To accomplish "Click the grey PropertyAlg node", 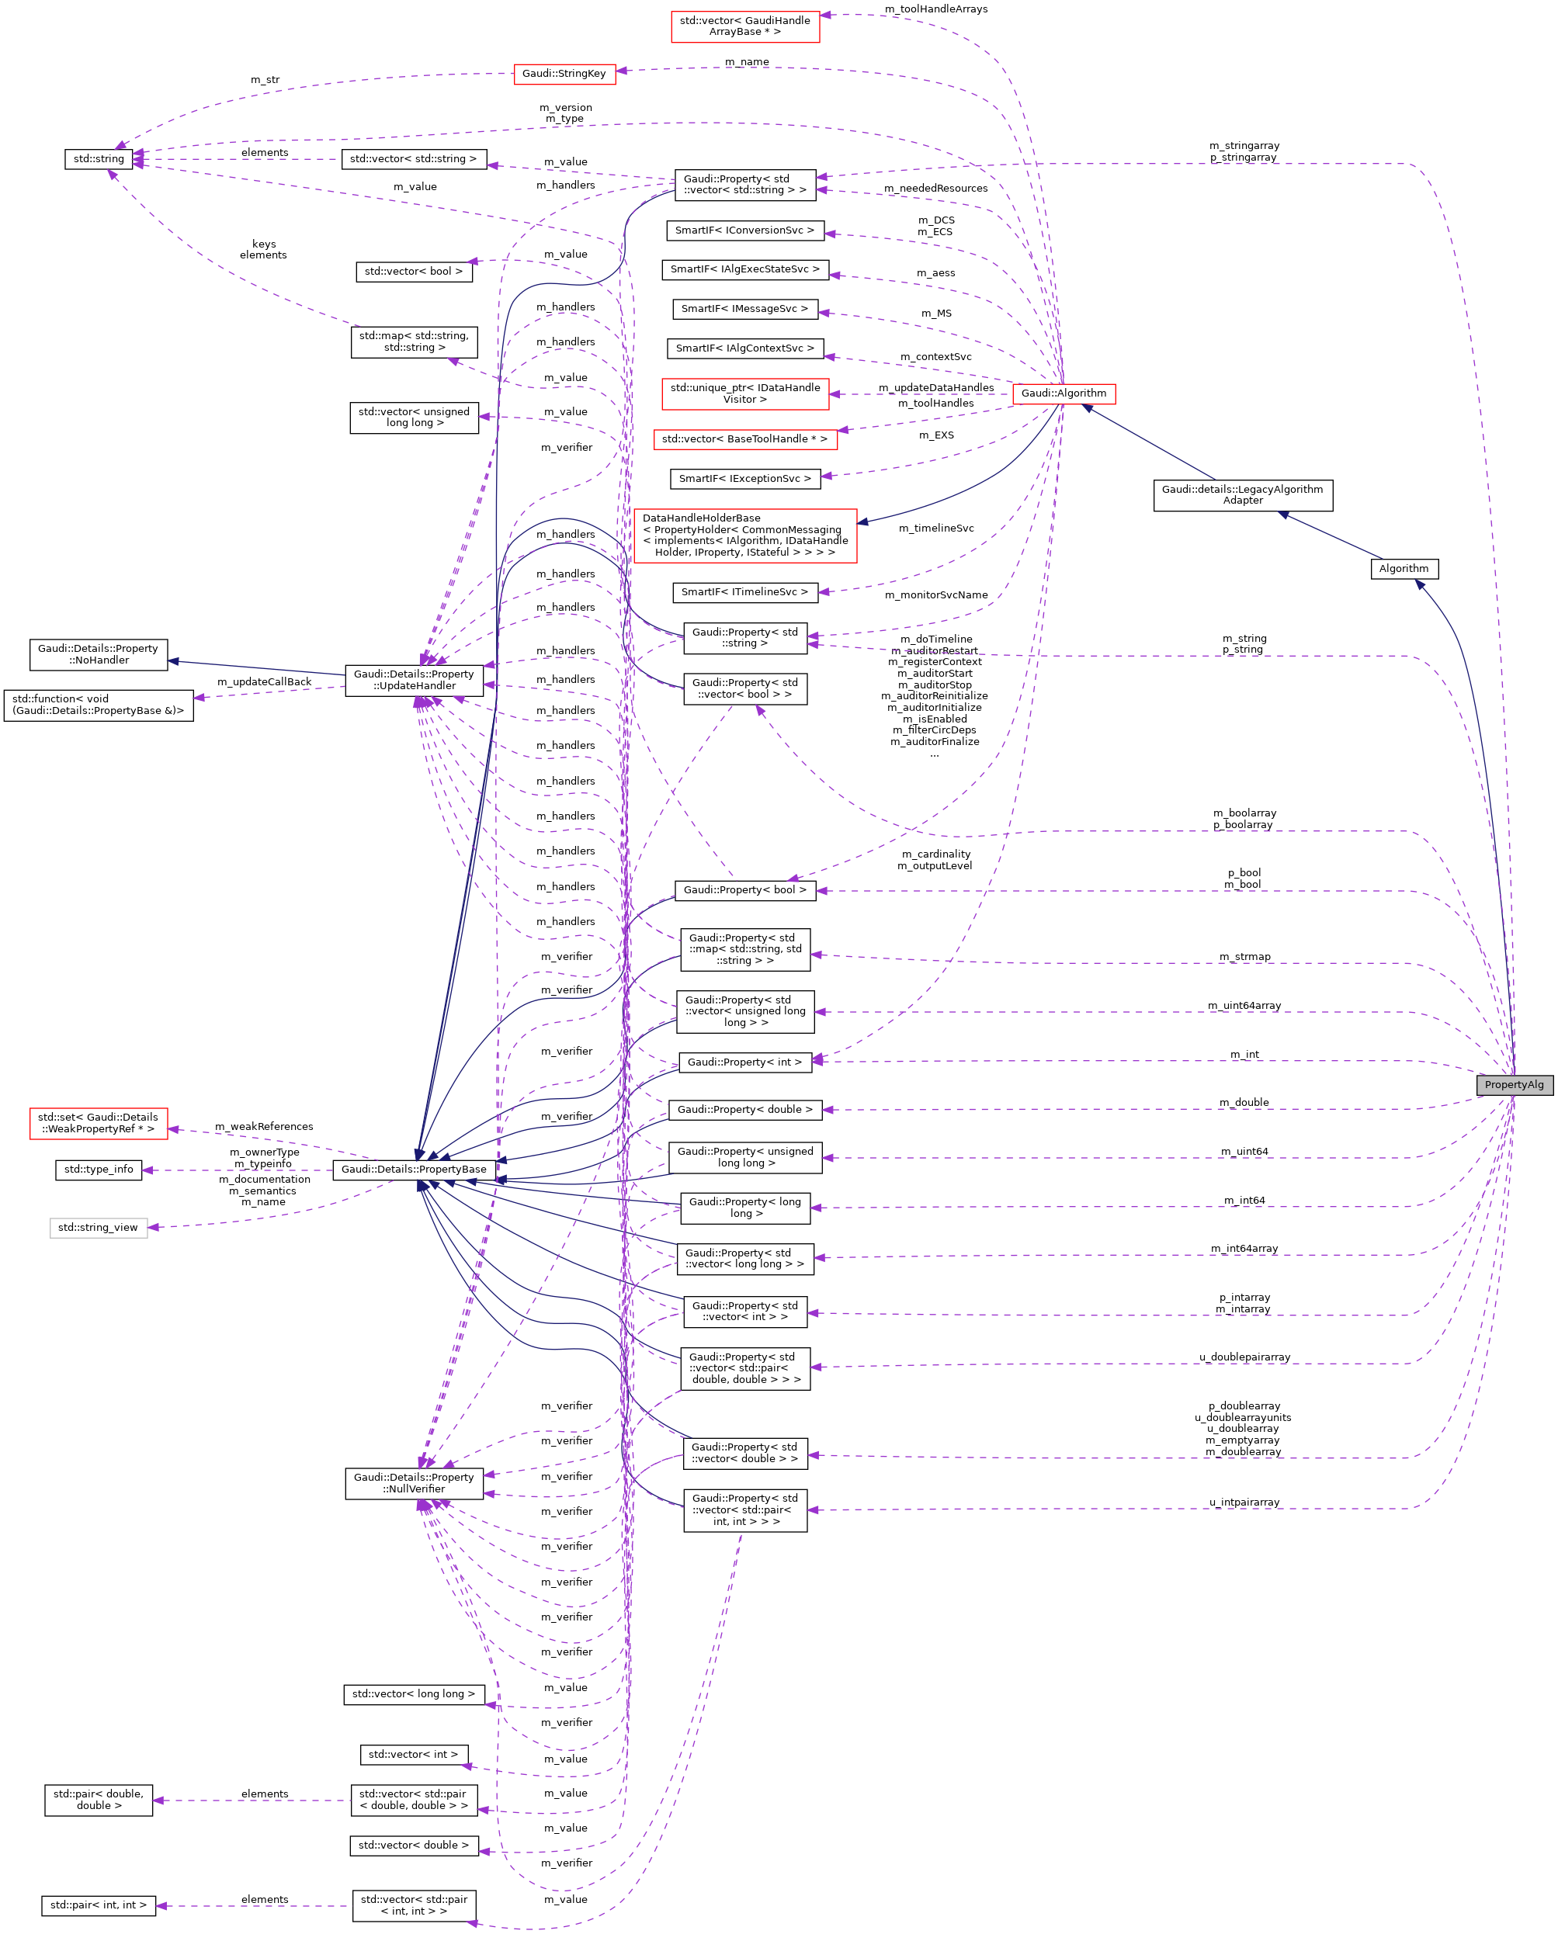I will tap(1513, 1084).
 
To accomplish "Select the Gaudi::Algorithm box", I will tap(1063, 393).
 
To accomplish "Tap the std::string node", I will tap(99, 159).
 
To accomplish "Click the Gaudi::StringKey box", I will tap(564, 74).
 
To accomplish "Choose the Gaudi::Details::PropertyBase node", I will tap(414, 1169).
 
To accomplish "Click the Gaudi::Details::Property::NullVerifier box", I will tap(414, 1483).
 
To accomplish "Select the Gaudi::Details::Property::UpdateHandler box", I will tap(414, 680).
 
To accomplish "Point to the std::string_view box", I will tap(98, 1227).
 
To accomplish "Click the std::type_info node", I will tap(98, 1170).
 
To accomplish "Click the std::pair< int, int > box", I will tap(98, 1905).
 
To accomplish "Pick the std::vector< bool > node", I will tap(414, 271).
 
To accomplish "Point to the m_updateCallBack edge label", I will tap(264, 681).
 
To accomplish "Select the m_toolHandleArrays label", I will tap(935, 9).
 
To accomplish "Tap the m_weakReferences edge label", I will tap(264, 1127).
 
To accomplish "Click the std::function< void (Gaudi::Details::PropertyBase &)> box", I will tap(98, 705).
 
